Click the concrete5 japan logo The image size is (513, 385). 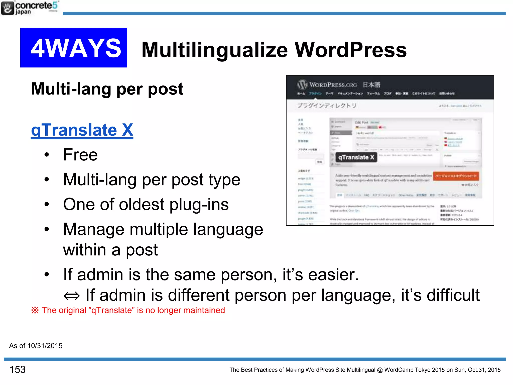coord(30,8)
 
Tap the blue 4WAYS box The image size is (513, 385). coord(74,48)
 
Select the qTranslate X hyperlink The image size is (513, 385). coord(82,130)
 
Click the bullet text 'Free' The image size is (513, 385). coord(80,155)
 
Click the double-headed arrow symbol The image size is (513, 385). coord(72,296)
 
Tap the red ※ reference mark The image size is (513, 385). coord(35,310)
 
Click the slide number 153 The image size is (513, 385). coord(18,369)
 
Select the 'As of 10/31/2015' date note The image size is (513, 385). coord(36,346)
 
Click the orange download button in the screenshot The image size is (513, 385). coord(456,176)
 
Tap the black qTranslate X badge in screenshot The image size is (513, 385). coord(356,157)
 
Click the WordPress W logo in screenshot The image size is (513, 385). coord(302,85)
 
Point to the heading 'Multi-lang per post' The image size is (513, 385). coord(107,89)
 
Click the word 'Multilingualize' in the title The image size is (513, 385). coord(215,50)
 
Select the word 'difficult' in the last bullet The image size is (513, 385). coord(453,295)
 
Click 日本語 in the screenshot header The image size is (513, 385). coord(371,85)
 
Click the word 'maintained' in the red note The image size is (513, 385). coord(204,310)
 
